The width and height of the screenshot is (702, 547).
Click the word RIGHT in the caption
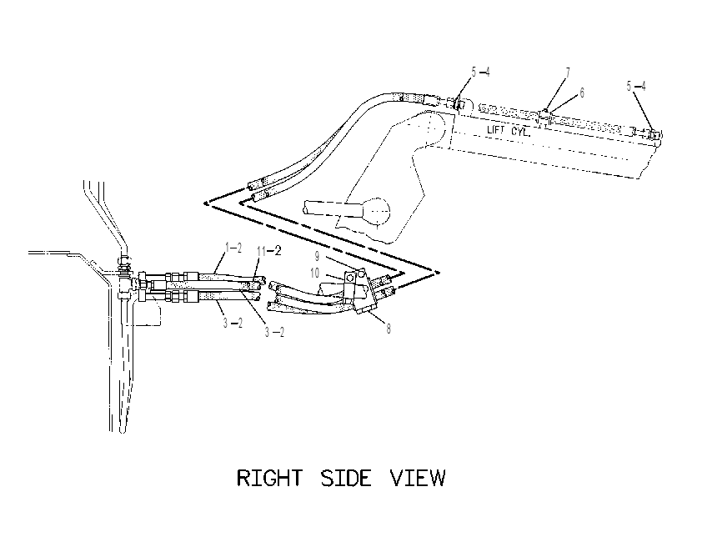coord(269,478)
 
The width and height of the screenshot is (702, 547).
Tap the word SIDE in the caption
coord(346,478)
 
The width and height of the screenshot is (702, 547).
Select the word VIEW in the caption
coord(418,478)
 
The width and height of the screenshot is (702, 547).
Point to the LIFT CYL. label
coord(509,131)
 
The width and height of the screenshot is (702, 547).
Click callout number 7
coord(568,73)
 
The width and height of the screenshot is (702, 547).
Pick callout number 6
coord(582,93)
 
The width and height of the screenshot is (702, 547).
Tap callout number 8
coord(389,329)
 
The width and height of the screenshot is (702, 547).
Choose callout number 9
coord(317,256)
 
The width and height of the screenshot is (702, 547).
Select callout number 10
coord(315,273)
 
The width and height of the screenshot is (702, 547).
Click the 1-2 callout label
coord(233,248)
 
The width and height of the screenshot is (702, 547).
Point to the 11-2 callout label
coord(269,251)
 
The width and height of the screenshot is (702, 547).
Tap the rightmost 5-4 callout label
coord(636,86)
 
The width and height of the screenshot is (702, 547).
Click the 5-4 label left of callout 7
coord(481,72)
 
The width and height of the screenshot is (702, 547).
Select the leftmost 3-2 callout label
coord(233,323)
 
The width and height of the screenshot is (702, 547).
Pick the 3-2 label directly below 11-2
coord(274,332)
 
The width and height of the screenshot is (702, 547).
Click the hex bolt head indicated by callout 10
coord(350,279)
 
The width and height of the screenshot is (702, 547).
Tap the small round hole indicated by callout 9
coord(361,271)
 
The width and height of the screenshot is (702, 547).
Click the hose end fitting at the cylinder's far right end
coord(654,134)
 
